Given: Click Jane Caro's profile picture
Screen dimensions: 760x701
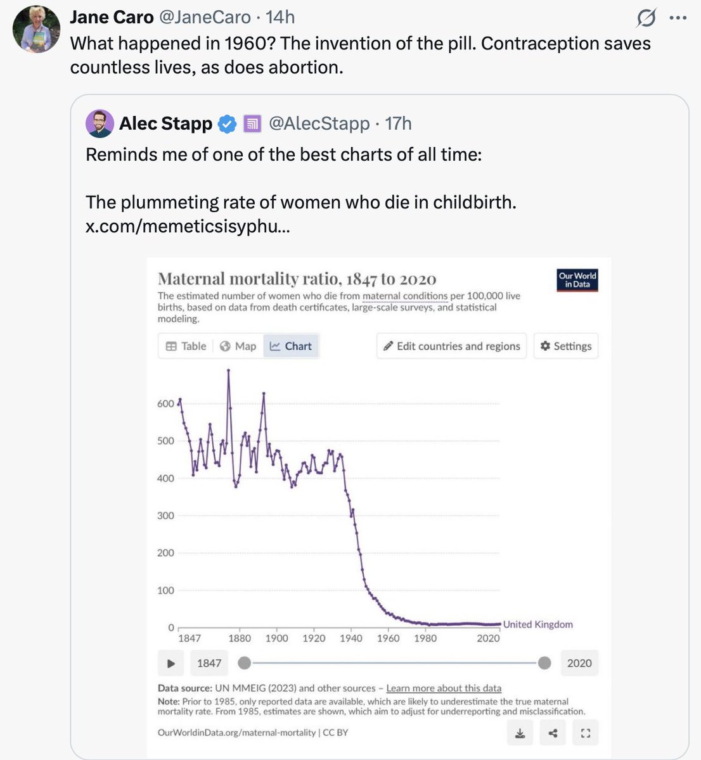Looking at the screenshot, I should coord(36,29).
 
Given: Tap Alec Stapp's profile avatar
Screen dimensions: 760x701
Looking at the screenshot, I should coord(100,123).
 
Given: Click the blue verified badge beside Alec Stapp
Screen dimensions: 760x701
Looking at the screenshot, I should coord(227,124).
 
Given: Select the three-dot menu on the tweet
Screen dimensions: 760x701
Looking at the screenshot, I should coord(678,18).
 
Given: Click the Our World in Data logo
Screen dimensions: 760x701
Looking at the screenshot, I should coord(577,280).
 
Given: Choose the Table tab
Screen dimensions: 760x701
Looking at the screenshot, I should coord(186,346).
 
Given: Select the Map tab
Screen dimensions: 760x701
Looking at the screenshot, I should coord(238,346).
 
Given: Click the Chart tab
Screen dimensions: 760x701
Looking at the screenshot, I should coord(291,346).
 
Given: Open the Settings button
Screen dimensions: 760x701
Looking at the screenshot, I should coord(565,346).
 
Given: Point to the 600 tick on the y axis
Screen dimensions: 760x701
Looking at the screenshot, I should coord(165,403).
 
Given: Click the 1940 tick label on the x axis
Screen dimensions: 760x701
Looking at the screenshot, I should coord(350,638).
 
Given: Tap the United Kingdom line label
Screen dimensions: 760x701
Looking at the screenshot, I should coord(537,624).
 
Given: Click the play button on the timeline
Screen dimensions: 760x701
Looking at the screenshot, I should coord(170,663).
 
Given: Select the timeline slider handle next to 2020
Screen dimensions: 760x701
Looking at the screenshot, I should coord(544,663).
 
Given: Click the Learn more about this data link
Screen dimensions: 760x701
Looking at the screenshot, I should coord(444,688).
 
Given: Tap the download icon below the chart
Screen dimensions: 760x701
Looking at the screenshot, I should coord(520,733).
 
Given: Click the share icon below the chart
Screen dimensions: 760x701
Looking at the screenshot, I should coord(553,733).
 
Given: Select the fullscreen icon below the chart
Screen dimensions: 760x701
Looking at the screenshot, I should coord(585,733).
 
